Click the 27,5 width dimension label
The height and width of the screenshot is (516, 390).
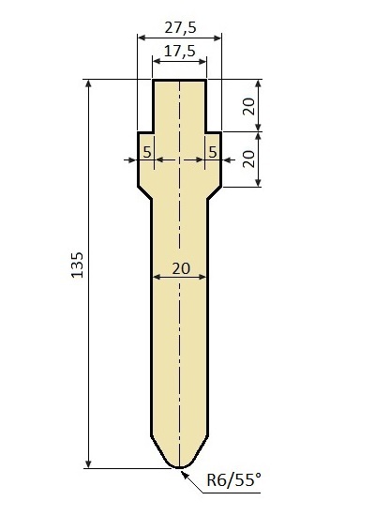[180, 27]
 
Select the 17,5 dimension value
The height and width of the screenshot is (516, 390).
[180, 52]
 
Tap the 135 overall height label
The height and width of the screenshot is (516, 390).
[77, 266]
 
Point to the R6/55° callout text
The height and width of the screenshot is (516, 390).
[233, 479]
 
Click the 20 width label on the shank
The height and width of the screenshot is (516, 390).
[181, 268]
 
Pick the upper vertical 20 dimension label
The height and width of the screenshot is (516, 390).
[249, 106]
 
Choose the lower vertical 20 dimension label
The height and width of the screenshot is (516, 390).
[249, 159]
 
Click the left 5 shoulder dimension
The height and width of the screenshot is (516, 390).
[147, 152]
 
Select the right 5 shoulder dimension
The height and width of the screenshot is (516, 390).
[213, 152]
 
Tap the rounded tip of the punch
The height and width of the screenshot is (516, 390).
[180, 466]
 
